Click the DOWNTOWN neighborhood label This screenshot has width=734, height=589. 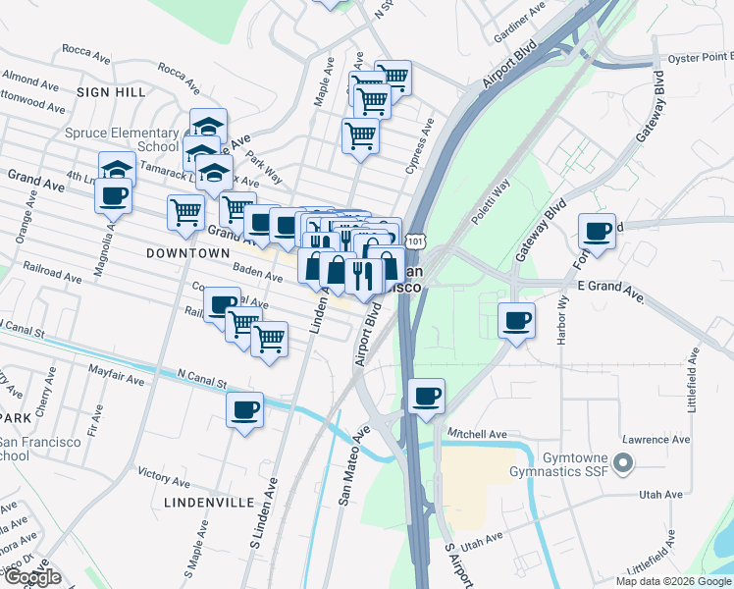point(187,252)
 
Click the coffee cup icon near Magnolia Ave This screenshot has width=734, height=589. point(113,193)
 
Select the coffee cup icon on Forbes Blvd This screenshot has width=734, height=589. point(597,232)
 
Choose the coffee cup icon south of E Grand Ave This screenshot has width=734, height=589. point(516,319)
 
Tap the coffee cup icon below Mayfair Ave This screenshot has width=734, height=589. point(244,409)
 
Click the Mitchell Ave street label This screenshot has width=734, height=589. point(477,433)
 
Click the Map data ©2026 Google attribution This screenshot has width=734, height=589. point(673,581)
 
